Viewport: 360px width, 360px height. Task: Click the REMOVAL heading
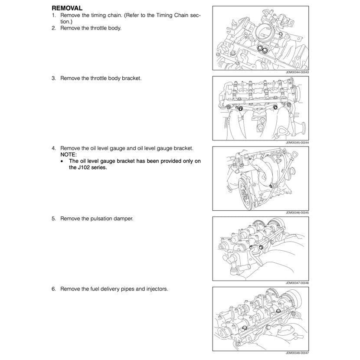(67, 8)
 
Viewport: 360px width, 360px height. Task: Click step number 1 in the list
(54, 16)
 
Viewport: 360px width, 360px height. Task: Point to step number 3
(54, 79)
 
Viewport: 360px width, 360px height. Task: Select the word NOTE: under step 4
(69, 154)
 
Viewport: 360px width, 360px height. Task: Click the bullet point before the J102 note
(63, 161)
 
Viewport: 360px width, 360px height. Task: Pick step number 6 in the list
(54, 288)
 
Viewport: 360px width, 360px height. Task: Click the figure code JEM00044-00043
(297, 72)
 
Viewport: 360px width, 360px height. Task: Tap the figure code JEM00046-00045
(297, 213)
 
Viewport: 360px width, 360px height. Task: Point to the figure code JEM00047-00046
(297, 282)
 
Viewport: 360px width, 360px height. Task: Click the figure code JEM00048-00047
(297, 353)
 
